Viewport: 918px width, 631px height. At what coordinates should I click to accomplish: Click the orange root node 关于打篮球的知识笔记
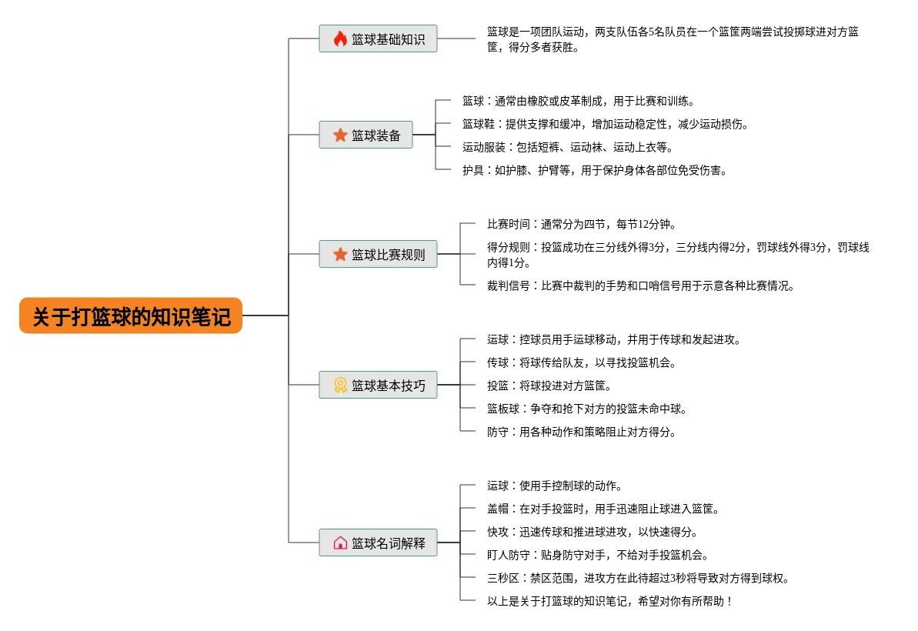131,315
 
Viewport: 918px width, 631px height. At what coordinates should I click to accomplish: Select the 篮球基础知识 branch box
378,38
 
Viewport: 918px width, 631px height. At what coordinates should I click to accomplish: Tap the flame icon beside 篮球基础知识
340,38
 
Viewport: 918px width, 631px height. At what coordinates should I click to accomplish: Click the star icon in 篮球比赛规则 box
340,254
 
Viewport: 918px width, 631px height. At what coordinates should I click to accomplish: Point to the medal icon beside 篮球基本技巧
340,385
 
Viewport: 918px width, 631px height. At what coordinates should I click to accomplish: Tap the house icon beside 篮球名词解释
340,543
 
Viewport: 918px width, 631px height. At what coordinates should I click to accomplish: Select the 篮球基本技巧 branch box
378,385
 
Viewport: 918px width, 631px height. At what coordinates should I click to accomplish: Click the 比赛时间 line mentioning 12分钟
581,224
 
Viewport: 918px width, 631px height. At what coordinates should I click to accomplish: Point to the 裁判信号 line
640,285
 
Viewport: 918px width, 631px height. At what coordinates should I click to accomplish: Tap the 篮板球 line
586,409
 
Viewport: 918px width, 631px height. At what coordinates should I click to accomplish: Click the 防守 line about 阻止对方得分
581,432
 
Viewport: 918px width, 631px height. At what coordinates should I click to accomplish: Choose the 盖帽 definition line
603,509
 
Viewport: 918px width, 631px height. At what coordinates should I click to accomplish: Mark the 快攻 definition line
592,532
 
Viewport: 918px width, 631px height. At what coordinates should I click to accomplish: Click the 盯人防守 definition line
597,555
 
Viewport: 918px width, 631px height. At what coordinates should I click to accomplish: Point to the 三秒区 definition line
638,578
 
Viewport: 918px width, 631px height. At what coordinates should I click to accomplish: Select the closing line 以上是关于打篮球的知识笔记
609,601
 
